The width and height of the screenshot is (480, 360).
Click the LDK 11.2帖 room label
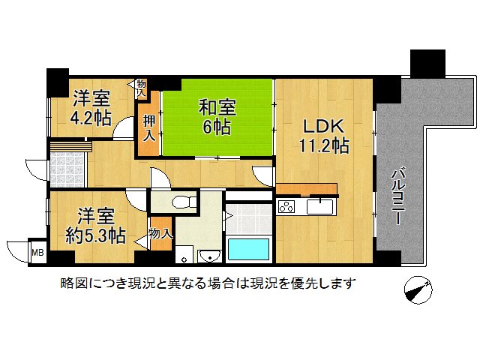325,136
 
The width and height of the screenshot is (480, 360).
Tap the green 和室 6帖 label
214,116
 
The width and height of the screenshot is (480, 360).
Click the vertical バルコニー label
397,199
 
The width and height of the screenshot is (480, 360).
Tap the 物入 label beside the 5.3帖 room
160,234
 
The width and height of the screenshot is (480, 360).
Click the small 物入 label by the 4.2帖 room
142,88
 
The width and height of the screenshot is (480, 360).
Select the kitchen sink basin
324,204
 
